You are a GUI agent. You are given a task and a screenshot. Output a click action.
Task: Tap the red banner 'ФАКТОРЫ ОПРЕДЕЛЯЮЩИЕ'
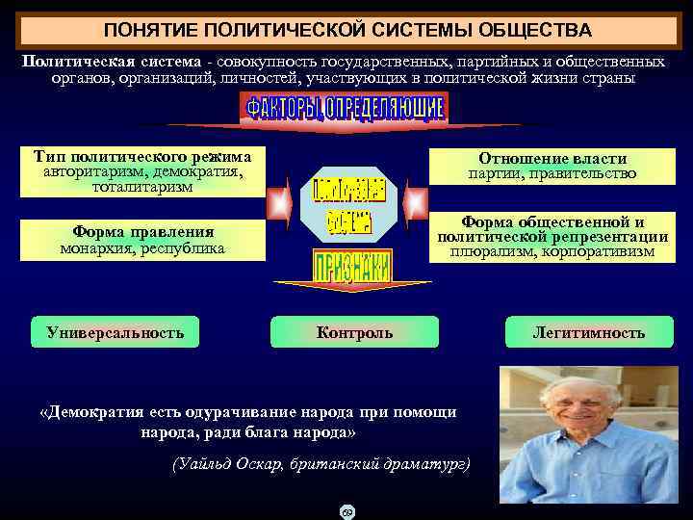345,108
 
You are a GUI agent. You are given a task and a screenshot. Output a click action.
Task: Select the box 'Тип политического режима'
141,171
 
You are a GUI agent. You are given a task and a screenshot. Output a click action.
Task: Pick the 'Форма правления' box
141,239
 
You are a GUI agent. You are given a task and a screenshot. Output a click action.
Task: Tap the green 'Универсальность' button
115,332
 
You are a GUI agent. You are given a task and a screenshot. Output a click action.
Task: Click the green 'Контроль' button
354,332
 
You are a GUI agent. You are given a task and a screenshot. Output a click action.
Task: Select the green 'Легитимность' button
589,332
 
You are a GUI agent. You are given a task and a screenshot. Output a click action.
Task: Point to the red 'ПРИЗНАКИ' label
352,266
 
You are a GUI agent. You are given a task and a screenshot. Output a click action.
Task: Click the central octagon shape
348,205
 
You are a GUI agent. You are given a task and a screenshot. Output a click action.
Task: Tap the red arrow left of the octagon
280,203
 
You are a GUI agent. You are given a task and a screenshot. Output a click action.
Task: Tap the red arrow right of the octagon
416,203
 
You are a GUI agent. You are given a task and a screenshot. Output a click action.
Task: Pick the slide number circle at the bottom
347,511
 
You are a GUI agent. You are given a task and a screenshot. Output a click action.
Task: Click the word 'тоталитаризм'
141,187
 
